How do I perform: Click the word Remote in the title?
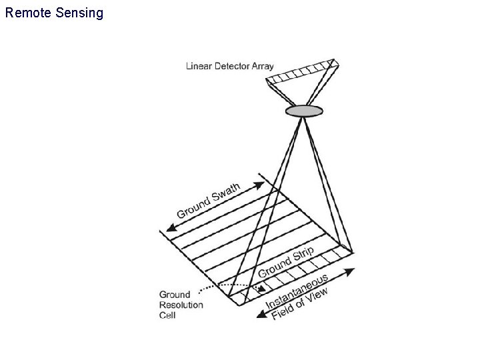coord(27,13)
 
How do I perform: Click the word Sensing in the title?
coord(80,13)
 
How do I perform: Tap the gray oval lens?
coord(304,110)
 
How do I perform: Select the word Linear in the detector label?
coord(198,65)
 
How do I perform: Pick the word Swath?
coord(226,193)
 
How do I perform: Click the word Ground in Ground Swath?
coord(192,208)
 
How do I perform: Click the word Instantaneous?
coord(297,291)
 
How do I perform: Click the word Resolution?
coord(181,305)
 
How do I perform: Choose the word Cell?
coord(167,315)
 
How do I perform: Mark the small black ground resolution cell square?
coord(260,288)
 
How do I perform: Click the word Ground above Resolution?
coord(175,294)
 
